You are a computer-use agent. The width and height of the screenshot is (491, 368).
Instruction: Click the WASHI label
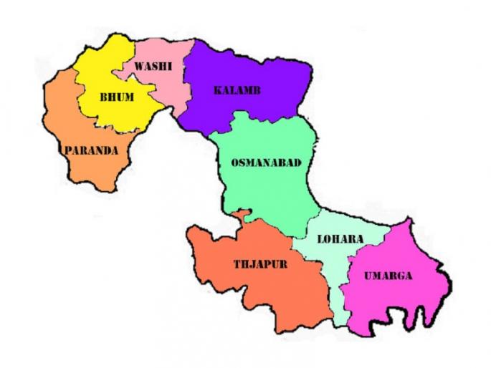pyautogui.click(x=153, y=66)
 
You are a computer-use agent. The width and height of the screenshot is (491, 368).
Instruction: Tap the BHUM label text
pyautogui.click(x=116, y=97)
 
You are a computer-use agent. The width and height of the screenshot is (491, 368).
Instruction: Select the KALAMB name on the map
pyautogui.click(x=237, y=90)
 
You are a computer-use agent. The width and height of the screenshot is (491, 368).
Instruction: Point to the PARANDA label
pyautogui.click(x=91, y=151)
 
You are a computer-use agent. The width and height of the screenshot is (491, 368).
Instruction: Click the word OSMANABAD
pyautogui.click(x=266, y=163)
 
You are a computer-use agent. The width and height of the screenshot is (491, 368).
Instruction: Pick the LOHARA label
pyautogui.click(x=340, y=238)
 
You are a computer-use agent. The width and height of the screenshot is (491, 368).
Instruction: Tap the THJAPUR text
pyautogui.click(x=260, y=264)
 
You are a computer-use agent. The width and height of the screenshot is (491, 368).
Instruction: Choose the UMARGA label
pyautogui.click(x=388, y=276)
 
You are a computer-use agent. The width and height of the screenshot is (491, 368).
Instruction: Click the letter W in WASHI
pyautogui.click(x=139, y=66)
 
